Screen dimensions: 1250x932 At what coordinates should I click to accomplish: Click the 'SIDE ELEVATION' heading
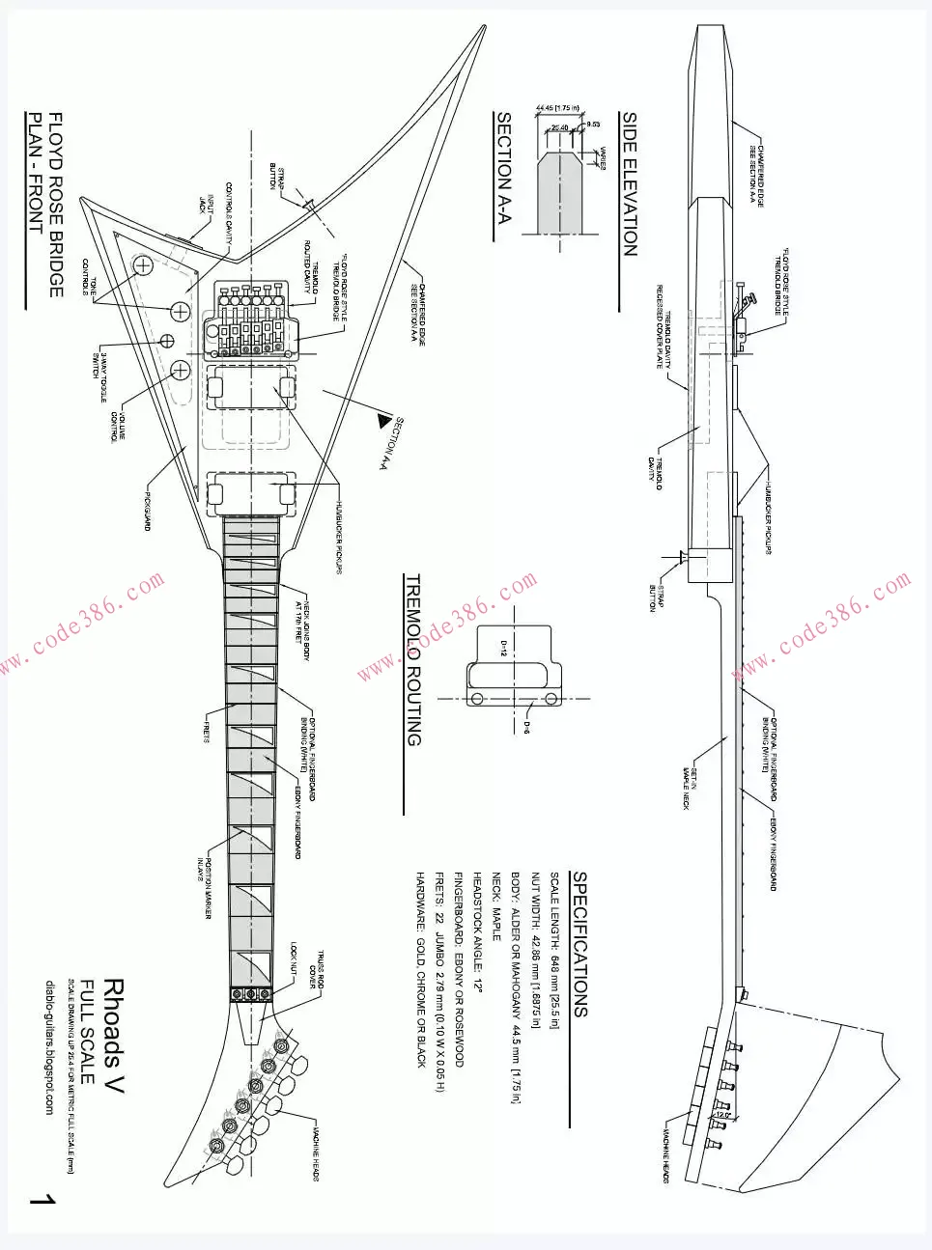coord(630,183)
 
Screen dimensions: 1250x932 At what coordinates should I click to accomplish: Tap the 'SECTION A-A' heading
coord(504,169)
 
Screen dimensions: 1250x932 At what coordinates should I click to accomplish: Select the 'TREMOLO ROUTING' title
coord(413,660)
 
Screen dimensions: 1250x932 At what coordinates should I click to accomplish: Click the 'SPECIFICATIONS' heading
coord(579,944)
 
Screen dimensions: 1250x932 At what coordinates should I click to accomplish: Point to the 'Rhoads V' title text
coord(113,1035)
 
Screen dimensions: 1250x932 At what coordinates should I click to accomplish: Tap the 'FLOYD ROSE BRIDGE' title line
coord(56,205)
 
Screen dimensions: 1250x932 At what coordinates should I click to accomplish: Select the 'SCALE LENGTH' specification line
coord(554,950)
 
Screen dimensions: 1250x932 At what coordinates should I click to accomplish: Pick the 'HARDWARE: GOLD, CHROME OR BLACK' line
coord(421,968)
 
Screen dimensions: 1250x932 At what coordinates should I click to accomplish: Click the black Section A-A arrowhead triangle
coord(389,422)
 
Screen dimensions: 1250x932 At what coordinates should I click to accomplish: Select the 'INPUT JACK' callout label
coord(206,204)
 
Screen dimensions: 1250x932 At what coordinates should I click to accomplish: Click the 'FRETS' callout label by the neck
coord(206,733)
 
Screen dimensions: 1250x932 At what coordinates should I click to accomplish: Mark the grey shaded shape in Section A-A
coord(560,193)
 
